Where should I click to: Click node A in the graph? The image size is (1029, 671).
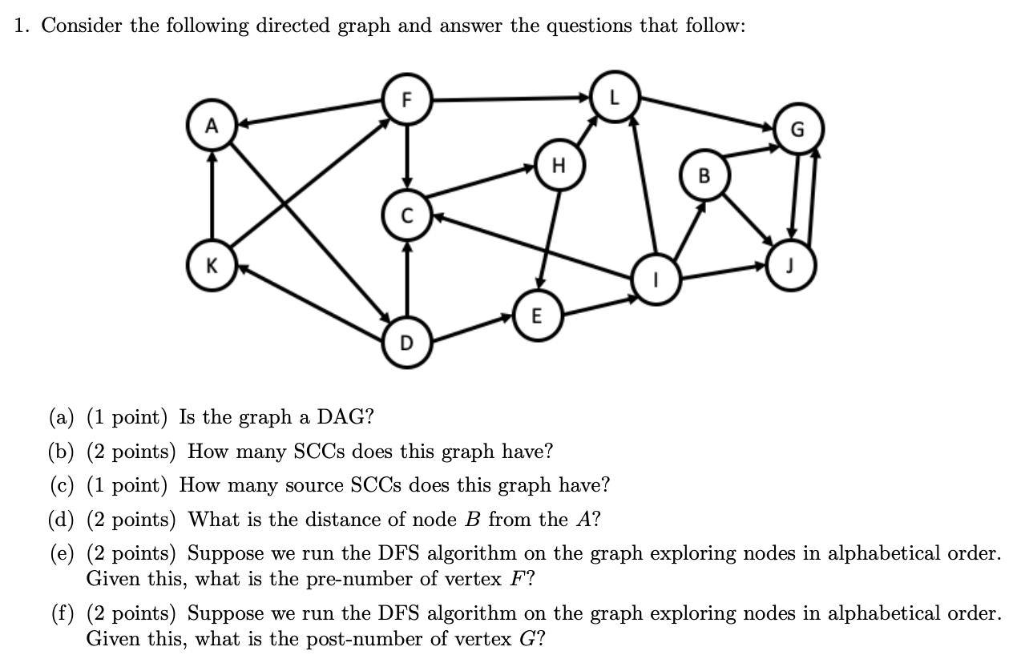[x=211, y=125]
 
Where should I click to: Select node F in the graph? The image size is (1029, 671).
[x=406, y=101]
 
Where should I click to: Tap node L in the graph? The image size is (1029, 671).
[x=614, y=97]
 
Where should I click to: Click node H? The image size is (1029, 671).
[x=559, y=167]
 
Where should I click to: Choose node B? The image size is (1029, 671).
[x=704, y=176]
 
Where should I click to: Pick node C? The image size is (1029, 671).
[x=407, y=215]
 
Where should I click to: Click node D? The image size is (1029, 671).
[x=406, y=344]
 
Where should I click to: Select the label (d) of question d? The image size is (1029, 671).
[x=61, y=520]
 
